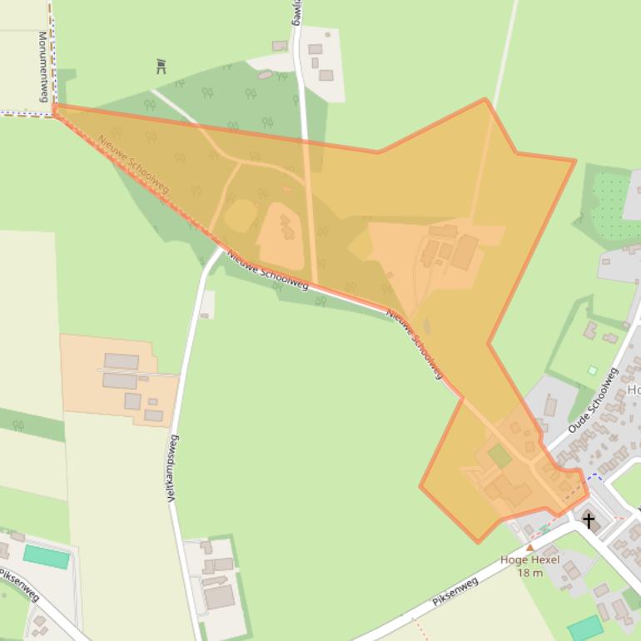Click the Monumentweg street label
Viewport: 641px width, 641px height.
[42, 67]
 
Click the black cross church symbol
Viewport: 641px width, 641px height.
[589, 521]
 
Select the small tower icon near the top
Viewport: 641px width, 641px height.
[161, 67]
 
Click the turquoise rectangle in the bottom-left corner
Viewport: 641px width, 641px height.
[46, 556]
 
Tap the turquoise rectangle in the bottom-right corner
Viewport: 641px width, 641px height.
[586, 628]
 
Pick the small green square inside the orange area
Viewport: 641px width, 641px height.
[499, 455]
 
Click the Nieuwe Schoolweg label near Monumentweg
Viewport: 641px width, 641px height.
[133, 164]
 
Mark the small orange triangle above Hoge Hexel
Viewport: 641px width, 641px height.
[529, 547]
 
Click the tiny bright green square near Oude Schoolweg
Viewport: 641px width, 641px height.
[592, 370]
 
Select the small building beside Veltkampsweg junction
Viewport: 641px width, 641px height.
[206, 305]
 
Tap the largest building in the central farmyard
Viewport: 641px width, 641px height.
[465, 251]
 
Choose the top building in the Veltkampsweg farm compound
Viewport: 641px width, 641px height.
[122, 361]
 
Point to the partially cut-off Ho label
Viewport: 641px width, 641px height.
[634, 390]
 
